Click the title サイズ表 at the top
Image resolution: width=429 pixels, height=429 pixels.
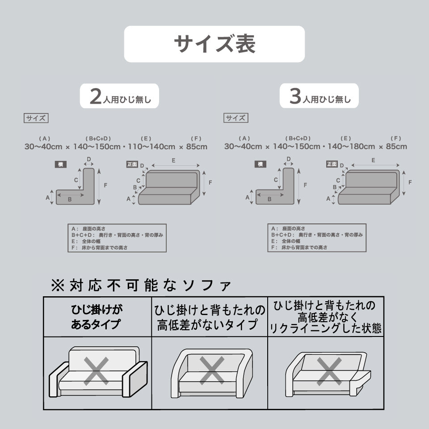click(214, 44)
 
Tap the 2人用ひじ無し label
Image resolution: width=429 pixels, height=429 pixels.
click(119, 97)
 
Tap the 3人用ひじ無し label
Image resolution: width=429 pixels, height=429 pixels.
click(319, 97)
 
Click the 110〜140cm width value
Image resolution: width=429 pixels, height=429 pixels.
click(151, 146)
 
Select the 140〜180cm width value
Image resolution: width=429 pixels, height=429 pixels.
click(351, 146)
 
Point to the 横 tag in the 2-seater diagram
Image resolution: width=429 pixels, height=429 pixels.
click(60, 164)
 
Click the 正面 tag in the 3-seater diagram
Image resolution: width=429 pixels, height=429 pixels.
click(332, 164)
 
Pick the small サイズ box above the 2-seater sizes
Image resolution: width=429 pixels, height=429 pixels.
click(35, 118)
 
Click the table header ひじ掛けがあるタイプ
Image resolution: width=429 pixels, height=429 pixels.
click(97, 317)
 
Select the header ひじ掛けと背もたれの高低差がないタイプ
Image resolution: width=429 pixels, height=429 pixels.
click(210, 317)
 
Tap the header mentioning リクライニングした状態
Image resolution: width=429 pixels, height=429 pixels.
click(325, 317)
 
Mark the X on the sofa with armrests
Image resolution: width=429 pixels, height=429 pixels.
click(97, 370)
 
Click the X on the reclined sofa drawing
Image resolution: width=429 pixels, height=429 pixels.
click(329, 370)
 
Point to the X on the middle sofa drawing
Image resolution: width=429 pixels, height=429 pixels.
click(212, 370)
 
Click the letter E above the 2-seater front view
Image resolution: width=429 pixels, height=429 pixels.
click(172, 160)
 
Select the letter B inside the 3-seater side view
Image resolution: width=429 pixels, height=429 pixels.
click(269, 199)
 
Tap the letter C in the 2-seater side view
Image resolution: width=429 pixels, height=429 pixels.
click(76, 180)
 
